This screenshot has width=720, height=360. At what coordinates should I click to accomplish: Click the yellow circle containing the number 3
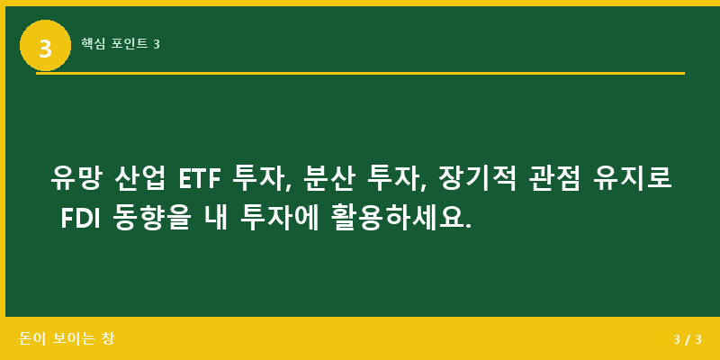pyautogui.click(x=45, y=45)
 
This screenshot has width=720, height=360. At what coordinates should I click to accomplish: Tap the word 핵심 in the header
pyautogui.click(x=94, y=43)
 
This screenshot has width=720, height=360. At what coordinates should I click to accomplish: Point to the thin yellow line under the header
pyautogui.click(x=360, y=73)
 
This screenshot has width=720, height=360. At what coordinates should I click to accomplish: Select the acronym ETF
pyautogui.click(x=198, y=178)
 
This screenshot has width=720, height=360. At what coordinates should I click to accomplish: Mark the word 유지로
pyautogui.click(x=632, y=177)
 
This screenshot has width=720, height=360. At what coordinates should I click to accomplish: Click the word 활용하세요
pyautogui.click(x=396, y=218)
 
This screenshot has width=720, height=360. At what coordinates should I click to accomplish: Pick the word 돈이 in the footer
pyautogui.click(x=31, y=338)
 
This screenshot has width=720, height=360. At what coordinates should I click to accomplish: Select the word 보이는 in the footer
pyautogui.click(x=75, y=338)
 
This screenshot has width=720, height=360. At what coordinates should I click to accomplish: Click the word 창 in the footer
pyautogui.click(x=108, y=338)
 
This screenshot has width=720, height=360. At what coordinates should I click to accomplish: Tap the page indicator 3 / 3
pyautogui.click(x=687, y=339)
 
